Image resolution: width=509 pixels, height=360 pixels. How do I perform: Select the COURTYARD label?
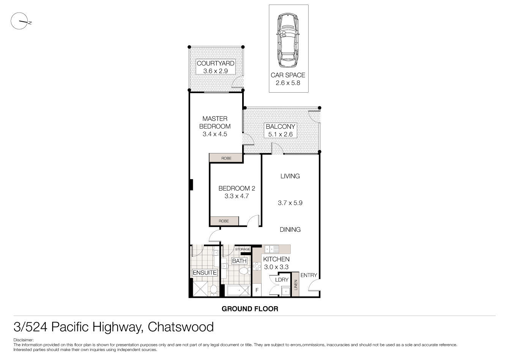click(x=215, y=63)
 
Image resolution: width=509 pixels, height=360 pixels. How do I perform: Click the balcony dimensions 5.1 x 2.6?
click(x=281, y=134)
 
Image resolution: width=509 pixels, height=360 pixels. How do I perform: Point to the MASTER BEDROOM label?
click(x=215, y=122)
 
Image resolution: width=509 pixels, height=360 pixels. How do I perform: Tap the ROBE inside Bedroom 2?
click(x=224, y=221)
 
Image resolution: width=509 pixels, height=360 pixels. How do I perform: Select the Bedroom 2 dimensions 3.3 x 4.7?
click(x=236, y=196)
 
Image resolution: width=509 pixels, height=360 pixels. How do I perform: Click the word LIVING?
click(x=290, y=176)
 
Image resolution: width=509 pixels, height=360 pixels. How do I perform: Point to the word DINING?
click(x=290, y=229)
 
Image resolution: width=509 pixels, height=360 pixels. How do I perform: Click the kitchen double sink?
click(x=272, y=249)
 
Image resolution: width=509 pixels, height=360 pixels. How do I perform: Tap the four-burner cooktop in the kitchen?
click(x=256, y=266)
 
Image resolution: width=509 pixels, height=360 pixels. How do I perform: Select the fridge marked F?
click(x=257, y=290)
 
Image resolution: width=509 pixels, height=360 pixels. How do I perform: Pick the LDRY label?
click(x=282, y=279)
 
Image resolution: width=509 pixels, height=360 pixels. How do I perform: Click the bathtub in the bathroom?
click(x=238, y=291)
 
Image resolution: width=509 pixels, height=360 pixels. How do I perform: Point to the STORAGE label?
click(x=243, y=249)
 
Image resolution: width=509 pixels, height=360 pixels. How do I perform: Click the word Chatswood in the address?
click(x=181, y=327)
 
